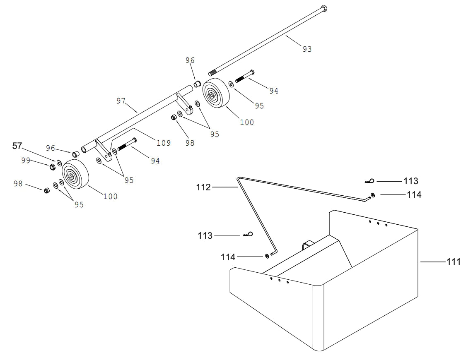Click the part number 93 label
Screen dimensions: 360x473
pyautogui.click(x=307, y=49)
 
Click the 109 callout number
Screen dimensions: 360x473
pyautogui.click(x=163, y=143)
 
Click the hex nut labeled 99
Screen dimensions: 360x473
pyautogui.click(x=53, y=167)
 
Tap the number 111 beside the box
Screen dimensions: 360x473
pyautogui.click(x=453, y=262)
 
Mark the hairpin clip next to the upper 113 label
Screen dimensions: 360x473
pyautogui.click(x=370, y=180)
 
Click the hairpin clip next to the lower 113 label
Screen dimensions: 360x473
pyautogui.click(x=249, y=235)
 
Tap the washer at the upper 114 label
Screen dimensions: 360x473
pyautogui.click(x=373, y=194)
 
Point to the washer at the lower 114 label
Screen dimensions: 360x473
pyautogui.click(x=267, y=257)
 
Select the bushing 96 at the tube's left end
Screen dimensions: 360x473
pyautogui.click(x=75, y=154)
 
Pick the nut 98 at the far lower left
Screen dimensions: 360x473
pyautogui.click(x=47, y=190)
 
